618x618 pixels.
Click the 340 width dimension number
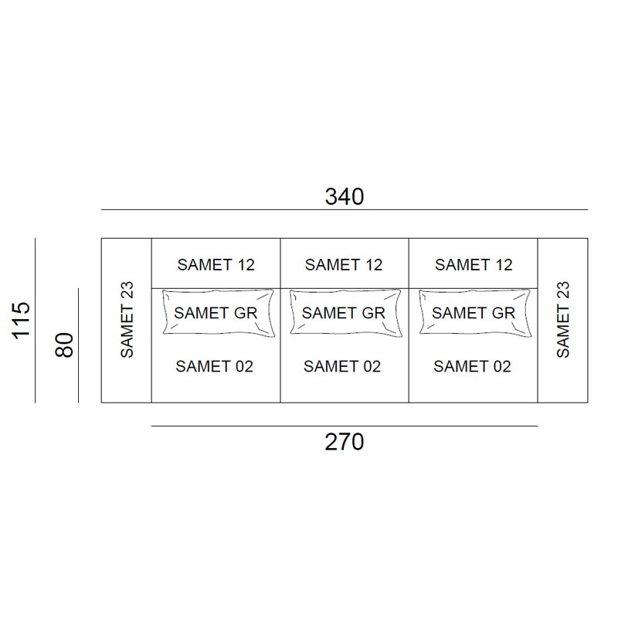(344, 196)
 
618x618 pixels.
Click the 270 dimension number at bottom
(344, 442)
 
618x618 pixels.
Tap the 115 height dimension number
(22, 321)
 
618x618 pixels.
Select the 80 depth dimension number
(64, 345)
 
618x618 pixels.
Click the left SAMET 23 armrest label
(127, 319)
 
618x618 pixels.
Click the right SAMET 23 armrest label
(563, 319)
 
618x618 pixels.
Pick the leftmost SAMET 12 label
(216, 265)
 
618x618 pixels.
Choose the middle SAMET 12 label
(344, 265)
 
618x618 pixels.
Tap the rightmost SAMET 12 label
(474, 265)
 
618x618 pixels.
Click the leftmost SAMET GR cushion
(218, 313)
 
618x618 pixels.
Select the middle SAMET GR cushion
(345, 313)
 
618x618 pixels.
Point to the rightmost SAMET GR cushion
(475, 313)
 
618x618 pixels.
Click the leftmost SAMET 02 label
(215, 366)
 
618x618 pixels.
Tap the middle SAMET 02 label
(342, 366)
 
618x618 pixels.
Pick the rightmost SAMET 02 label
(472, 366)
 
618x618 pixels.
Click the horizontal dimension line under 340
(345, 209)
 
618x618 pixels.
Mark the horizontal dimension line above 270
(345, 426)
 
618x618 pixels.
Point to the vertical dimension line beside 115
(35, 321)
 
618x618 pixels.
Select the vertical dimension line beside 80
(79, 345)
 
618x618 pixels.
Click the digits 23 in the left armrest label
(127, 290)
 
